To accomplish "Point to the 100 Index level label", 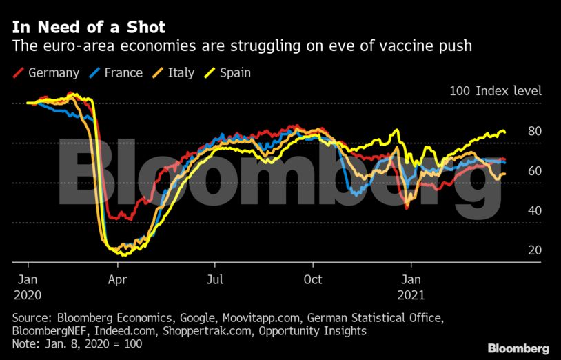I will click(496, 90).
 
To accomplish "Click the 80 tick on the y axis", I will click(535, 131).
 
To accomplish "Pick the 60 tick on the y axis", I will click(535, 171).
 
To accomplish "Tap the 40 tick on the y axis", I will click(535, 210).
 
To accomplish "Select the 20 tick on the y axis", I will click(535, 250).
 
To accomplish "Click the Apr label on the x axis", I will click(117, 280).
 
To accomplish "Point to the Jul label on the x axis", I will click(215, 280).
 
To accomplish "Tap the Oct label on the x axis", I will click(314, 280).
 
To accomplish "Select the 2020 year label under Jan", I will click(28, 294).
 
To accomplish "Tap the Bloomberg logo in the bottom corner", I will click(518, 348).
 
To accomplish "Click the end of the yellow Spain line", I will click(505, 132).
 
